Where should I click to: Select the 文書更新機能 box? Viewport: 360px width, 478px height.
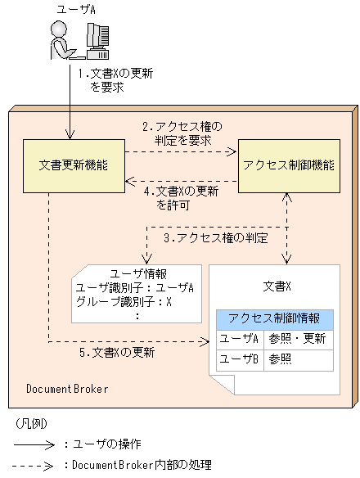click(72, 165)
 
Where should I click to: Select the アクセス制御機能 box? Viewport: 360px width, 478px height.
click(287, 165)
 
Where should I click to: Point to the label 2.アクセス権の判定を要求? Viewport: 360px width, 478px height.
click(182, 133)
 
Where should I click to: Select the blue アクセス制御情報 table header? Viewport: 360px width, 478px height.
click(274, 318)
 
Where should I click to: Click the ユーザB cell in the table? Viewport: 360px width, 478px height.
click(240, 358)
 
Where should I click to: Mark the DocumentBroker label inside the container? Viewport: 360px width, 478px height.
click(66, 387)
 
